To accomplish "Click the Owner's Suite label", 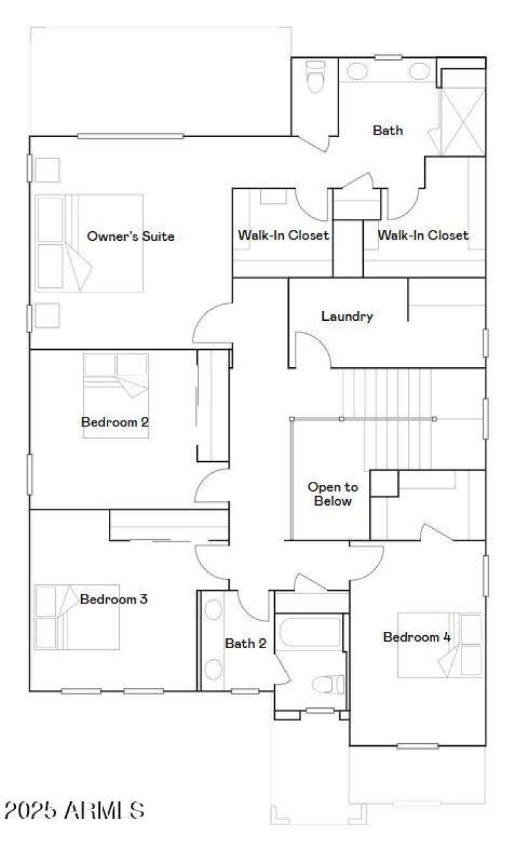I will [x=130, y=236].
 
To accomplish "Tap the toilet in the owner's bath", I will [x=315, y=77].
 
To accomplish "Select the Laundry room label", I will [x=347, y=316].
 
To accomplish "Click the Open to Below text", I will [x=332, y=494].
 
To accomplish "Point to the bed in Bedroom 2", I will [x=116, y=396].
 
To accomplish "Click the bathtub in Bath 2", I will [x=310, y=632].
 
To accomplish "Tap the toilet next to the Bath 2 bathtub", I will [x=329, y=684].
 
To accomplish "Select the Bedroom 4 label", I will [x=417, y=637].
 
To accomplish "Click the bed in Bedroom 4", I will [x=440, y=645].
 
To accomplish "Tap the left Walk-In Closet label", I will [x=283, y=235].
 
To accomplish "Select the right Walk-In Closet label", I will [x=423, y=235].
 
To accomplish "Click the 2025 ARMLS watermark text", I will [x=73, y=810].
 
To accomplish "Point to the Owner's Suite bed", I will [x=89, y=243].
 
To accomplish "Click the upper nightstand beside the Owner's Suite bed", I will [x=47, y=170].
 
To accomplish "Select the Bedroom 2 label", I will [x=115, y=422].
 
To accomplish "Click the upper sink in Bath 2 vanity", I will [x=213, y=610].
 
